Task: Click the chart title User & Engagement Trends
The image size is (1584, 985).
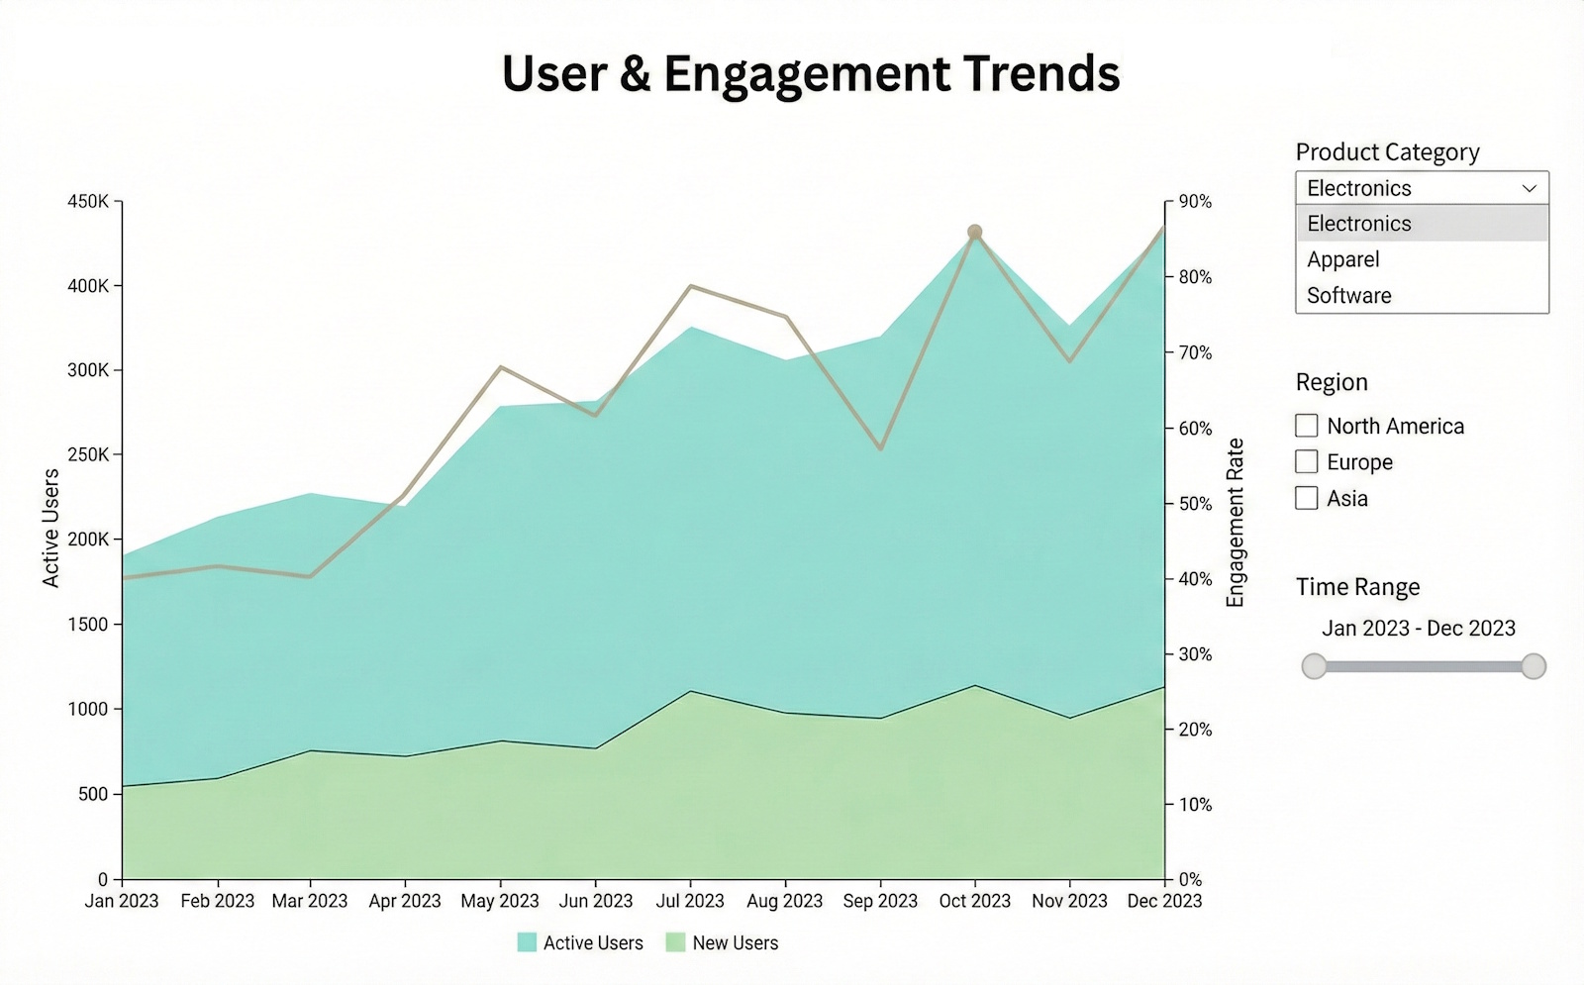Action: click(x=810, y=74)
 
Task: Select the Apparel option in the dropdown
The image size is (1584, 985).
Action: click(x=1342, y=259)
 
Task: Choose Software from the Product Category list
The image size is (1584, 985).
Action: click(x=1348, y=295)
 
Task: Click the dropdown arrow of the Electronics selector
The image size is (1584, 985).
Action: click(x=1529, y=188)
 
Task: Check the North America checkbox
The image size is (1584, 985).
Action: click(x=1307, y=426)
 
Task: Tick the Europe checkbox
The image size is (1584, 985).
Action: click(x=1307, y=462)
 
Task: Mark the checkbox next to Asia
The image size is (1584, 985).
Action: click(x=1307, y=498)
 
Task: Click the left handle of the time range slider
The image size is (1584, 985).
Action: click(x=1314, y=666)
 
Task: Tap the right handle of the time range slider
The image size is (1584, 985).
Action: click(x=1533, y=666)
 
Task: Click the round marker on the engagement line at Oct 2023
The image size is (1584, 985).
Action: click(x=974, y=232)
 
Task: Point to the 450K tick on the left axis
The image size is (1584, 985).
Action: click(x=88, y=202)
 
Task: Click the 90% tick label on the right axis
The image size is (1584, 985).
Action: click(x=1195, y=202)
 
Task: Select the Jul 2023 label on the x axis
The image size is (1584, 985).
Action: click(x=690, y=901)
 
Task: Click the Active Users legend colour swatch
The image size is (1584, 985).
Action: click(x=527, y=942)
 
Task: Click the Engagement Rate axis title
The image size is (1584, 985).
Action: click(x=1235, y=523)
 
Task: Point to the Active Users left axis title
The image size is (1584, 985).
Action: click(x=50, y=529)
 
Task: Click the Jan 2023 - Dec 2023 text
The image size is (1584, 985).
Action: click(x=1418, y=629)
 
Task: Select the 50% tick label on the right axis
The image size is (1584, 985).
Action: click(x=1195, y=504)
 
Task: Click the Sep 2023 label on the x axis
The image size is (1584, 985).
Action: click(x=879, y=901)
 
